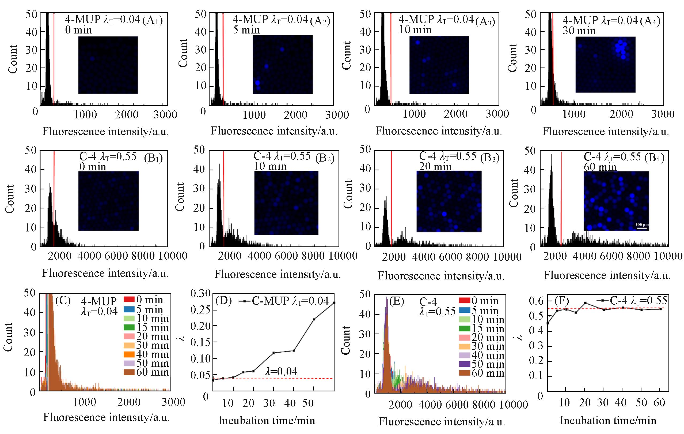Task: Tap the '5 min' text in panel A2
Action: coord(246,30)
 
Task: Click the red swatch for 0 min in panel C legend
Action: coord(129,300)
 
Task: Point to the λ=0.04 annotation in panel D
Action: coord(281,371)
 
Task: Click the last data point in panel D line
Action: coord(334,303)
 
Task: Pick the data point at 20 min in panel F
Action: coord(586,303)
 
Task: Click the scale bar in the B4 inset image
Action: coord(642,228)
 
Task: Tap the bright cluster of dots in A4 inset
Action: coord(621,49)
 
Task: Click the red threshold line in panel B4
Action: coord(561,199)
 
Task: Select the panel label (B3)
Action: coord(489,158)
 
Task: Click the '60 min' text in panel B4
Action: coord(600,167)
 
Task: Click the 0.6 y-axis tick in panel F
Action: coord(536,301)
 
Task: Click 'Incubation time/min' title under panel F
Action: coord(608,420)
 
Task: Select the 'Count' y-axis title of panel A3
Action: coord(346,55)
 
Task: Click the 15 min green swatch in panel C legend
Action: coord(129,327)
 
